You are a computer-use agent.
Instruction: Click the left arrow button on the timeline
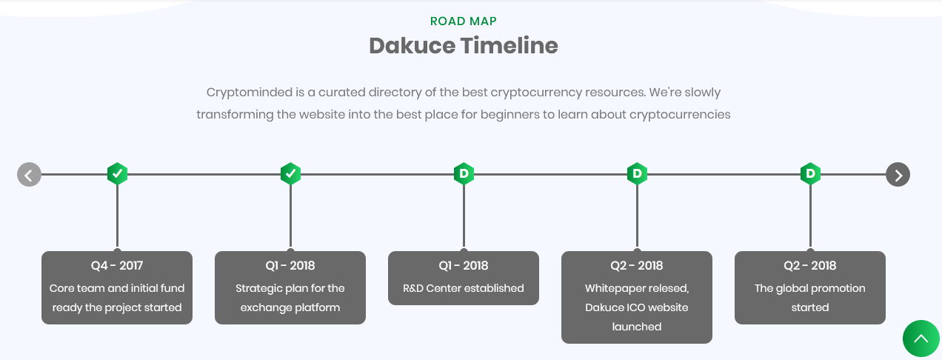pos(29,175)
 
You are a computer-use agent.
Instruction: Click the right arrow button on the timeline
pos(898,175)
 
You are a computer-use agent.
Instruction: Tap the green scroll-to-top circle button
pos(921,339)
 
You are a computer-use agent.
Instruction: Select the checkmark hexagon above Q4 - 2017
pos(117,174)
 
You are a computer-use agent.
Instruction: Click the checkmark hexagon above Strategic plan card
pos(290,174)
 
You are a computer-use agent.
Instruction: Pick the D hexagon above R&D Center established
pos(464,174)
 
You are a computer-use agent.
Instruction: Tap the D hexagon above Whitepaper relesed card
pos(637,174)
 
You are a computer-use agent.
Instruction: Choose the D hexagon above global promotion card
pos(810,174)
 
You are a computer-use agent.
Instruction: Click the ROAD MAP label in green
pos(464,21)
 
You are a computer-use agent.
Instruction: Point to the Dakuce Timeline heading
pos(464,46)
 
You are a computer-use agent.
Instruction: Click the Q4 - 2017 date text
pos(117,266)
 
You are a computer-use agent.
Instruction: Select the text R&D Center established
pos(464,288)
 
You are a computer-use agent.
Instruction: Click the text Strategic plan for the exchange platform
pos(290,298)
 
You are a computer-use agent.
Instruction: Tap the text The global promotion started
pos(810,298)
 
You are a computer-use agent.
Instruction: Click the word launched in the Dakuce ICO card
pos(637,327)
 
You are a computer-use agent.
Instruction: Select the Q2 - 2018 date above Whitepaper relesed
pos(637,266)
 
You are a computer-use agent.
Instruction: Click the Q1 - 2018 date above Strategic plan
pos(290,266)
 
